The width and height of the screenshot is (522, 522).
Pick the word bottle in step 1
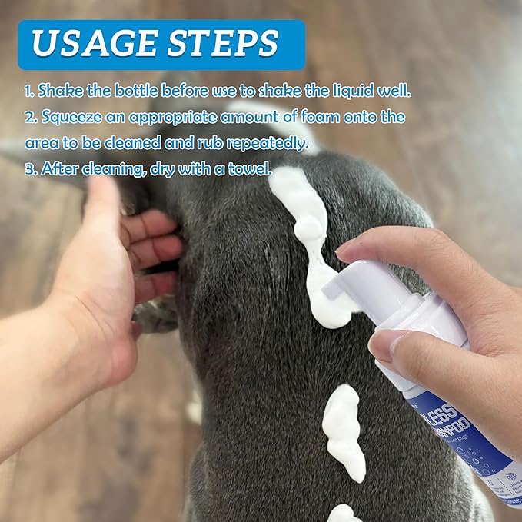151,91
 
